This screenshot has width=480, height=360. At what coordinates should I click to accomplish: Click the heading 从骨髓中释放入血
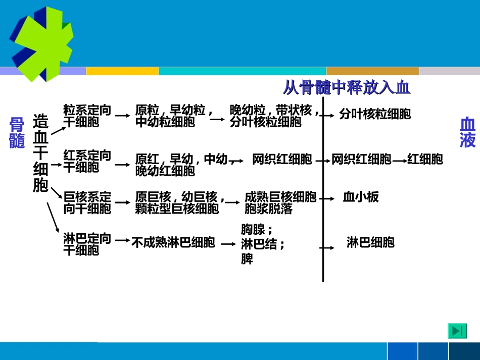click(x=346, y=88)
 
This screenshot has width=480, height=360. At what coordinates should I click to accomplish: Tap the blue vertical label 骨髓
click(x=17, y=133)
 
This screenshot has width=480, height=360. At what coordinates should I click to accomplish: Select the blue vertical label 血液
click(x=467, y=132)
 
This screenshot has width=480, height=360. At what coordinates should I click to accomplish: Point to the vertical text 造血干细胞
click(x=40, y=153)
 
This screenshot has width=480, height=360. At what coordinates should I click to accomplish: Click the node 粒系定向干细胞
click(x=87, y=116)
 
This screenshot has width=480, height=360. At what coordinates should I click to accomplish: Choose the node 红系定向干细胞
click(x=87, y=161)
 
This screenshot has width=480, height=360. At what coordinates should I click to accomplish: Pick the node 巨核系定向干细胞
click(x=87, y=202)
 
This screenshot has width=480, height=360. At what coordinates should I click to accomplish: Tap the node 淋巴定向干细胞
click(x=87, y=244)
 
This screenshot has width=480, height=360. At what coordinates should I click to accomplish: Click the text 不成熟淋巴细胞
click(x=173, y=243)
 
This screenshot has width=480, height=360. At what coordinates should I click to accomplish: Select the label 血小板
click(x=361, y=197)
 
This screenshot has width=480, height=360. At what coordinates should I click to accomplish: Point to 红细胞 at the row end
click(x=425, y=160)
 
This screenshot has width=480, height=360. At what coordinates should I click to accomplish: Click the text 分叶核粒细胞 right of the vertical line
click(x=375, y=114)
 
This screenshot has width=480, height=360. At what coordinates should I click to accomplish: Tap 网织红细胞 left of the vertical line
click(x=282, y=160)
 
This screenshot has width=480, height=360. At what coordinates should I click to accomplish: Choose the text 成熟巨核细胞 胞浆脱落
click(x=280, y=202)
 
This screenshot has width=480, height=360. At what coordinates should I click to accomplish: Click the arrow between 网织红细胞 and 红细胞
click(x=399, y=161)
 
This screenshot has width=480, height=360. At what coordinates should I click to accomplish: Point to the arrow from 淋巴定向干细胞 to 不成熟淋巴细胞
click(x=122, y=241)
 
